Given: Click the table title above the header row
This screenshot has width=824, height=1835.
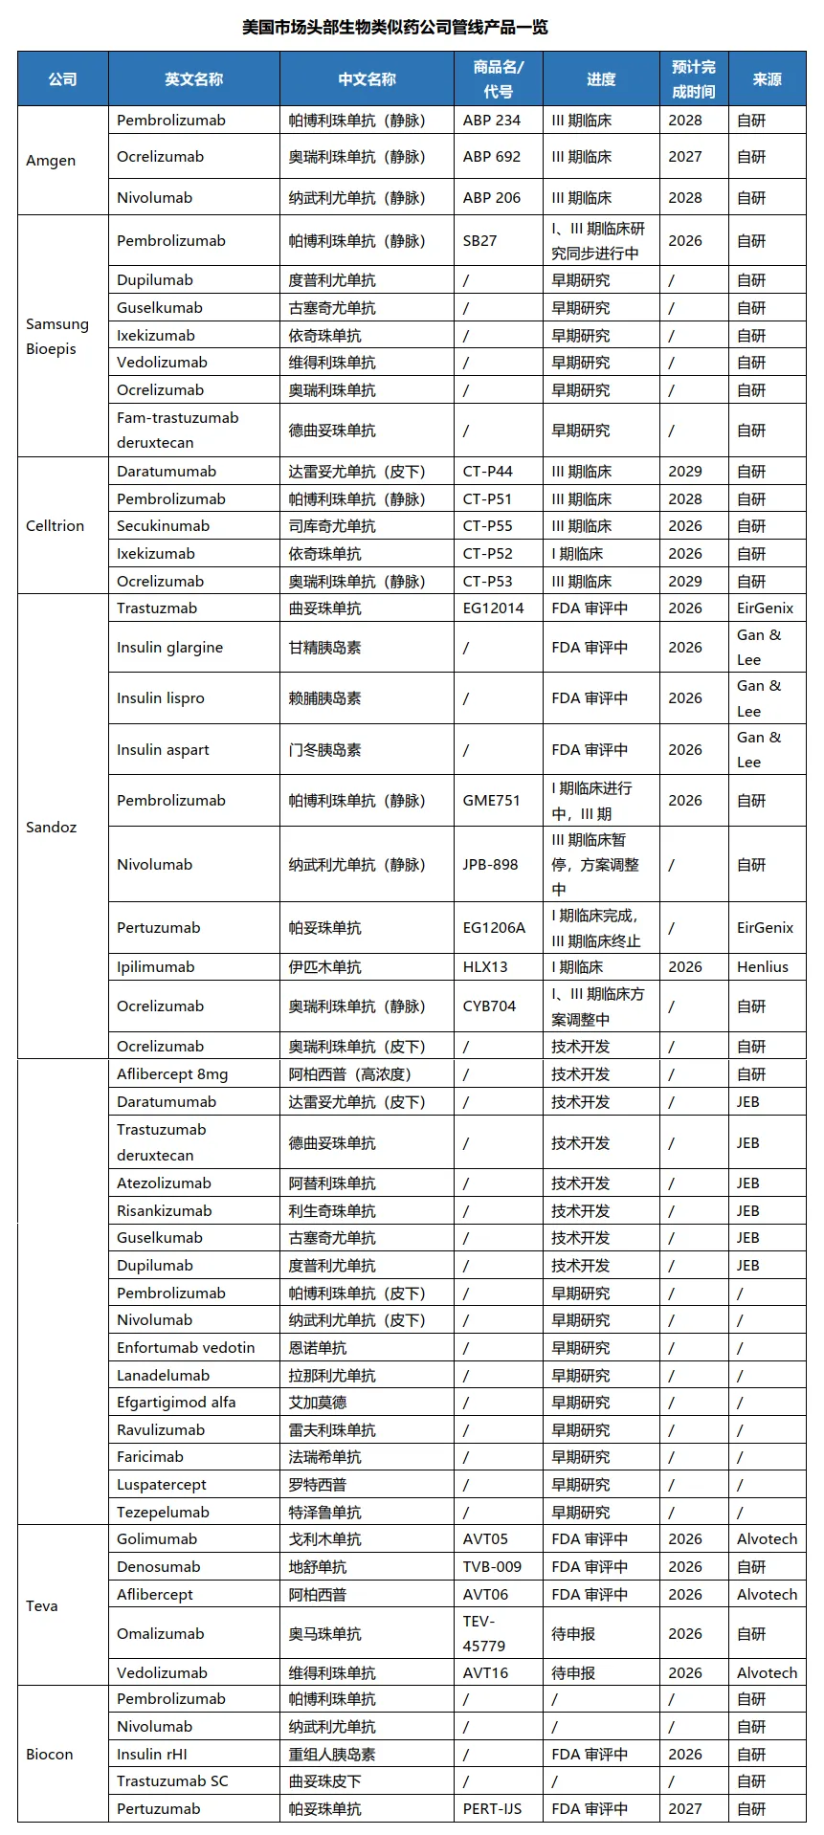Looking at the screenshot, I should [395, 27].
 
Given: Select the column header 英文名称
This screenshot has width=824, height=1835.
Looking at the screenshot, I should [193, 79].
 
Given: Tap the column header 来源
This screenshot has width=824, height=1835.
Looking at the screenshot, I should [767, 79].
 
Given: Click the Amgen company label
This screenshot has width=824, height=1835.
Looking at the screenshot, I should [51, 161].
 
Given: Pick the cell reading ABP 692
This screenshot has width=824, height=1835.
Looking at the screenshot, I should [492, 157].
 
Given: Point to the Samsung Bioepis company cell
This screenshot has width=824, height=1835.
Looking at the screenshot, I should [57, 336].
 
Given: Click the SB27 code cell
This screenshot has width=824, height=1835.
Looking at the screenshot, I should [479, 241].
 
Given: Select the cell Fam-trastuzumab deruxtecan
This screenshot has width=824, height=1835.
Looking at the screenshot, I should [177, 431].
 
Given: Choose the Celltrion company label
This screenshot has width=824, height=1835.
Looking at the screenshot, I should [55, 526].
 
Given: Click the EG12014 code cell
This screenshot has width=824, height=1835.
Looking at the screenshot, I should [493, 608].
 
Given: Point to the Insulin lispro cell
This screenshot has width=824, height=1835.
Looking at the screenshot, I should [161, 698].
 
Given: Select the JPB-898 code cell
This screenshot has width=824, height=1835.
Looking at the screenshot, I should [490, 865].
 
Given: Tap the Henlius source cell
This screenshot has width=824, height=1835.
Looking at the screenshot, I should [763, 967].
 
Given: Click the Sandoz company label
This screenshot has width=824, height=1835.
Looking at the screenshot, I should [51, 828].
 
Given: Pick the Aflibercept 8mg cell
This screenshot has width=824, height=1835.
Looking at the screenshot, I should [172, 1074].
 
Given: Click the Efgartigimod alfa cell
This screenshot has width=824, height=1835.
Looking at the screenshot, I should [176, 1403].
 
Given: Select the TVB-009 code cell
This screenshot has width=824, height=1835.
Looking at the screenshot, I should [492, 1567].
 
